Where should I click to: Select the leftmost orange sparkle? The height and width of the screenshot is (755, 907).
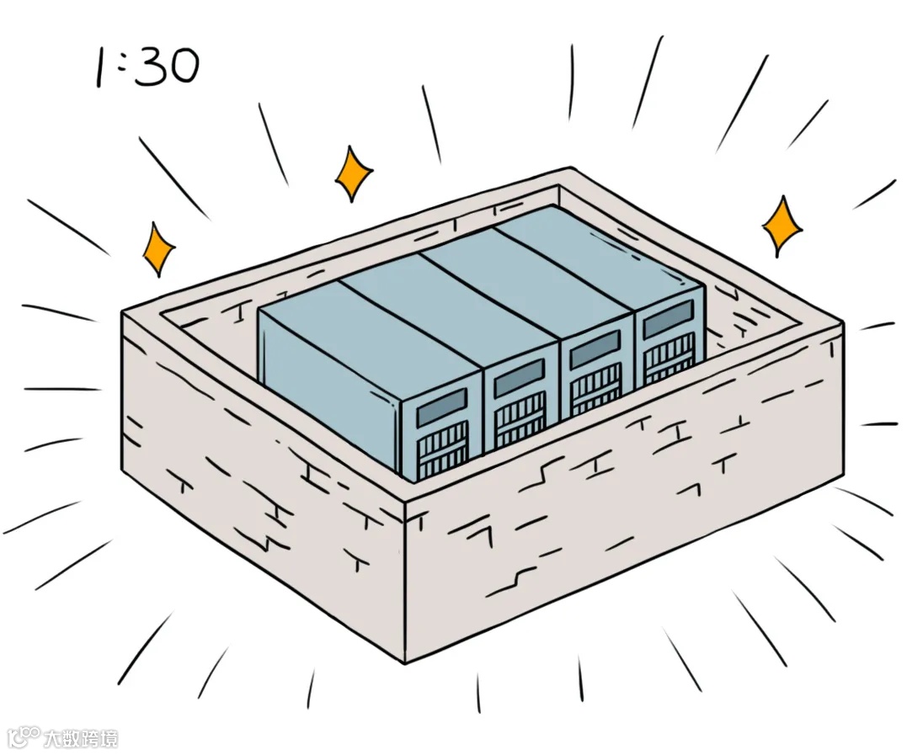157,248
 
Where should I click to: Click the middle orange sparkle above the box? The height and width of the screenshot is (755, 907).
354,173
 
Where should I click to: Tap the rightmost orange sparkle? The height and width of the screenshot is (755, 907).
782,226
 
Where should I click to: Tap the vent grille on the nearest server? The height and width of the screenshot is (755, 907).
443,451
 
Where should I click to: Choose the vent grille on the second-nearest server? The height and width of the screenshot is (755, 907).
520,420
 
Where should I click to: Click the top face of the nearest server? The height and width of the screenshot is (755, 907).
371,324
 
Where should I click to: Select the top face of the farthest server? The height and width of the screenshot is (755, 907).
598,248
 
